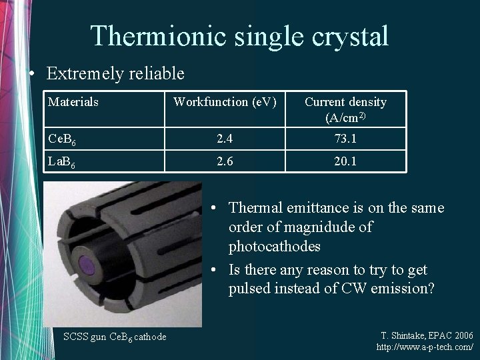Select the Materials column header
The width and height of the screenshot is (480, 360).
tap(73, 102)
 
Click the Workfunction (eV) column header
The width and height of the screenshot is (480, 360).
tap(224, 102)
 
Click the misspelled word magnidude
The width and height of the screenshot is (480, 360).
tap(324, 227)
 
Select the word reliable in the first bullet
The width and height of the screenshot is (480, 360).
tap(158, 73)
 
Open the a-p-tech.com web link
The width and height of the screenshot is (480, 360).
tap(425, 347)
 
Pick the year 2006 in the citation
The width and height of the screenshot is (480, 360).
tap(461, 335)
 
